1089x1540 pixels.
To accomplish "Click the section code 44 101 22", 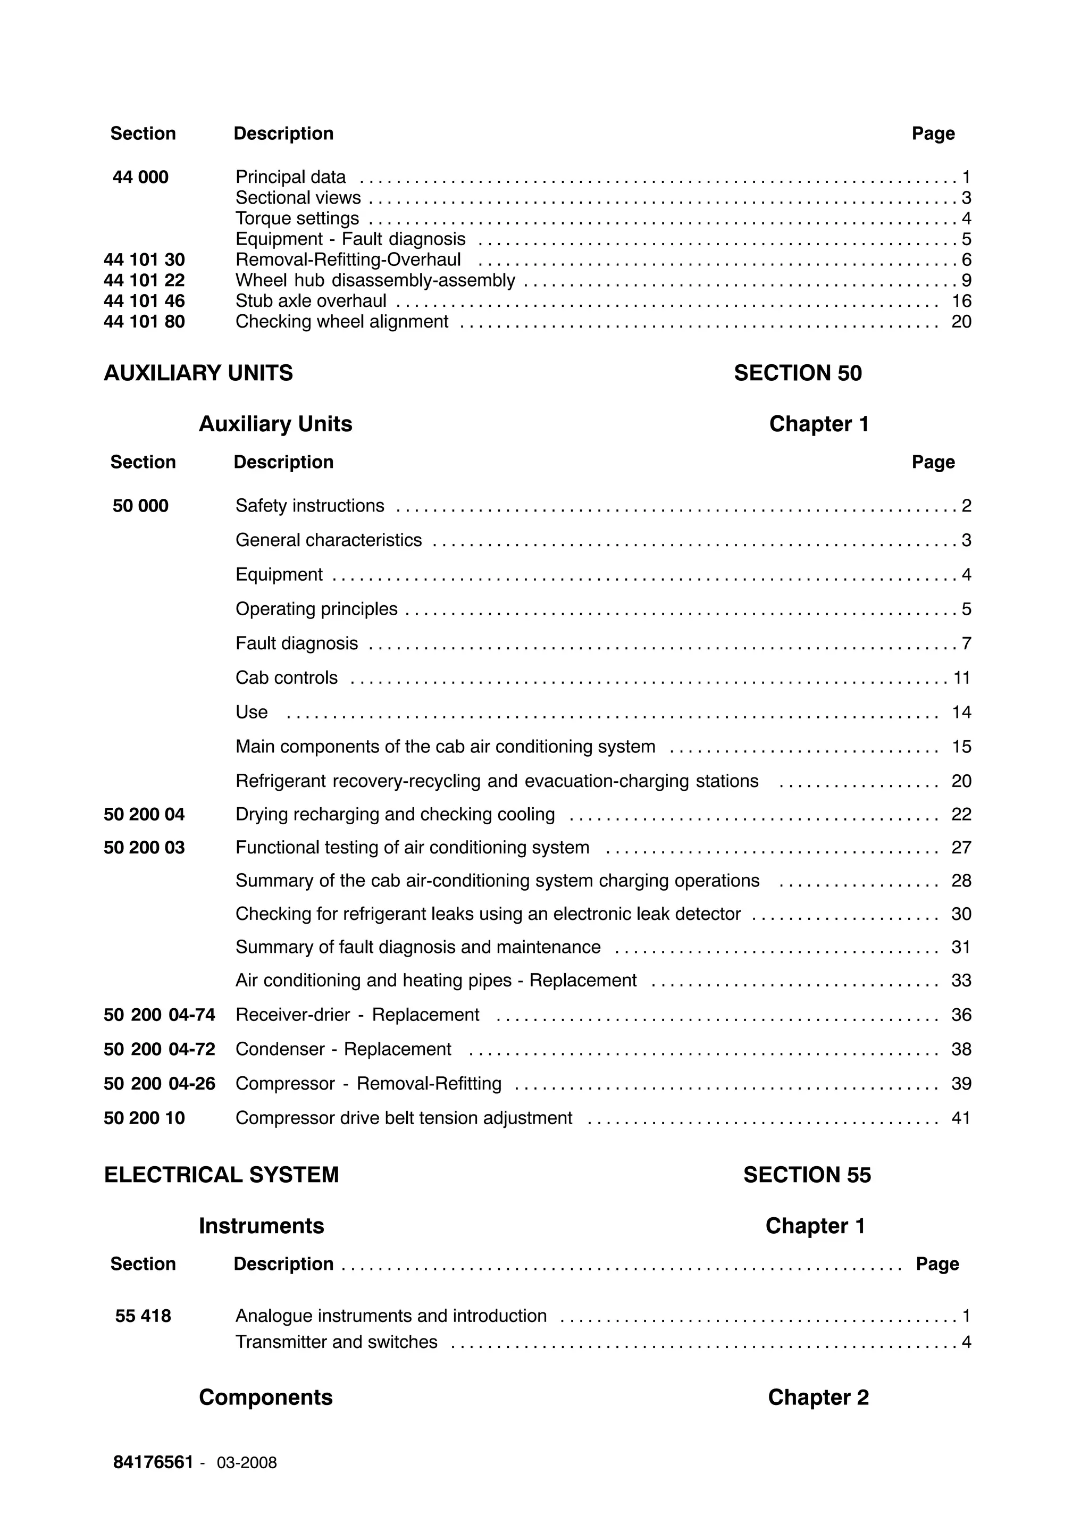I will [x=144, y=280].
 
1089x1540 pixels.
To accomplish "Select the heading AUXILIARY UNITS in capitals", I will [x=198, y=373].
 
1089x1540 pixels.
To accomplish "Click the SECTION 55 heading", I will [x=807, y=1175].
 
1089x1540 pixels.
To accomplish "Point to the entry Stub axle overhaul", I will [x=311, y=301].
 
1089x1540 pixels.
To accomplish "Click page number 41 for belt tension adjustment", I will [x=960, y=1118].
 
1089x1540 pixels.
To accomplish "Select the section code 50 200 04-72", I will [x=159, y=1049].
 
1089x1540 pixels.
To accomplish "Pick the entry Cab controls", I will [x=286, y=677].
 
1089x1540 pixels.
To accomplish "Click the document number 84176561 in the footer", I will [x=153, y=1462].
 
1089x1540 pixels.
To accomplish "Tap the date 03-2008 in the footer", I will [x=246, y=1463].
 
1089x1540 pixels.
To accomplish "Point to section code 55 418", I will [x=143, y=1316].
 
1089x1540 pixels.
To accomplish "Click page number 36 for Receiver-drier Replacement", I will [x=960, y=1015].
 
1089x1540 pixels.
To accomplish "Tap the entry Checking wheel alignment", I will [x=341, y=322].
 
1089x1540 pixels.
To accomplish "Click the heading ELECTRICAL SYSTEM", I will [x=221, y=1175].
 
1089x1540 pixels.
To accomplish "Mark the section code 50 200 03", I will [x=144, y=848].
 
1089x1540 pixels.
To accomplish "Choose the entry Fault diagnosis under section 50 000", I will [x=296, y=643].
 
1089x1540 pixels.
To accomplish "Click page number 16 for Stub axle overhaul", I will [x=961, y=301].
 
